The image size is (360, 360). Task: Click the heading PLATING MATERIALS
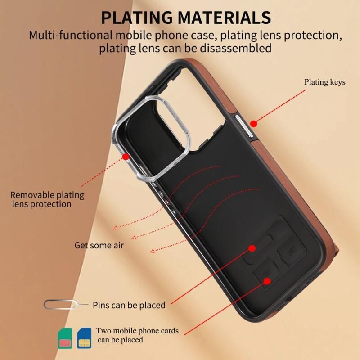pos(186,17)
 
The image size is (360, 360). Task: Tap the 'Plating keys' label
pos(324,82)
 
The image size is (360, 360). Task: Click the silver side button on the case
pos(244,126)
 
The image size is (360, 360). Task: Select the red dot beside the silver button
pos(253,124)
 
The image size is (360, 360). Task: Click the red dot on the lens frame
pos(126,157)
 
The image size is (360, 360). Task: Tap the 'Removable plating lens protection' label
pos(47,199)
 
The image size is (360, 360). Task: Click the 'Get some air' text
pos(99,245)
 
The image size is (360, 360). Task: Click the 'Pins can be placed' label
pos(129,305)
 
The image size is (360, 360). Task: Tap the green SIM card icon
pos(65,338)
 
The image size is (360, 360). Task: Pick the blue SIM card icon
pos(84,338)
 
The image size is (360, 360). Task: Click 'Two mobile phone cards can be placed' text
pos(137,335)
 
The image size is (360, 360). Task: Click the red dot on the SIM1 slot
pos(267,281)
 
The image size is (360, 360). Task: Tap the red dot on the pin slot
pos(252,248)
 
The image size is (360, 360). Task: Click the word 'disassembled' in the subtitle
pos(235,49)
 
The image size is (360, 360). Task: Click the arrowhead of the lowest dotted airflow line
pos(153,251)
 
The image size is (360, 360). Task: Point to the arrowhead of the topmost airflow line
pos(116,228)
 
